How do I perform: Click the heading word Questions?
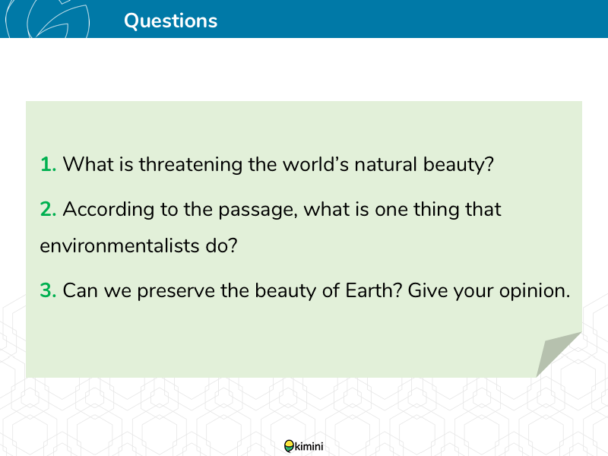(x=170, y=21)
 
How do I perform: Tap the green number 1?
(x=48, y=164)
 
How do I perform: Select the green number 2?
(x=48, y=209)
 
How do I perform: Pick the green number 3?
(x=48, y=290)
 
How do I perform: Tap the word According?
(x=109, y=210)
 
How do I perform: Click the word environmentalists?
(x=119, y=245)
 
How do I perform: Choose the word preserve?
(x=176, y=291)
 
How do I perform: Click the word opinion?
(x=535, y=291)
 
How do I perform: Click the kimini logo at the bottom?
(x=303, y=446)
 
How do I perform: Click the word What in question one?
(x=88, y=164)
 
